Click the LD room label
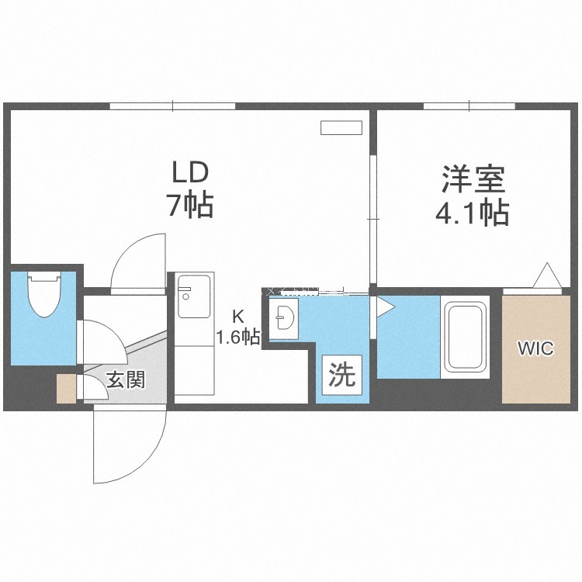(x=189, y=173)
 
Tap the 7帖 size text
(x=190, y=205)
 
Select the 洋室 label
(x=473, y=179)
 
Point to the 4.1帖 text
(x=472, y=213)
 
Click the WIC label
(x=535, y=348)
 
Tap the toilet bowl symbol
(x=44, y=294)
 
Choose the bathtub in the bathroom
(x=466, y=337)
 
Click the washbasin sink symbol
(x=283, y=318)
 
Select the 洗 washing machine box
(x=342, y=375)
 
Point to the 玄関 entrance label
(x=126, y=379)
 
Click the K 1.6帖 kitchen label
(x=238, y=327)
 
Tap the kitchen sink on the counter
(x=194, y=296)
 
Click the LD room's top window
(x=172, y=106)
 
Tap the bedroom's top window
(x=469, y=106)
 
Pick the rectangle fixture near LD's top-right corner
(x=341, y=127)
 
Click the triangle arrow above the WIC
(x=547, y=275)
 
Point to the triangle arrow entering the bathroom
(x=385, y=307)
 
